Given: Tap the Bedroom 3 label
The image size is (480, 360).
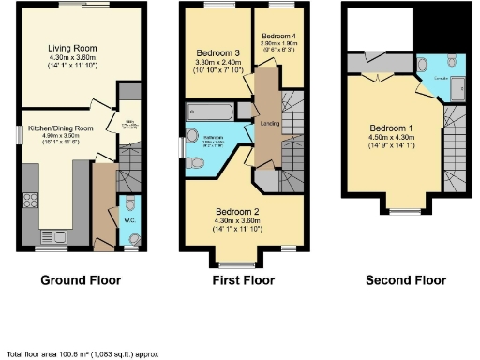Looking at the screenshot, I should (218, 52).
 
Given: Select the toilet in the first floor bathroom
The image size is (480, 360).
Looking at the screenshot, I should (195, 164).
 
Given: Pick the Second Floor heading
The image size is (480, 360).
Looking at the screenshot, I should (406, 280).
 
